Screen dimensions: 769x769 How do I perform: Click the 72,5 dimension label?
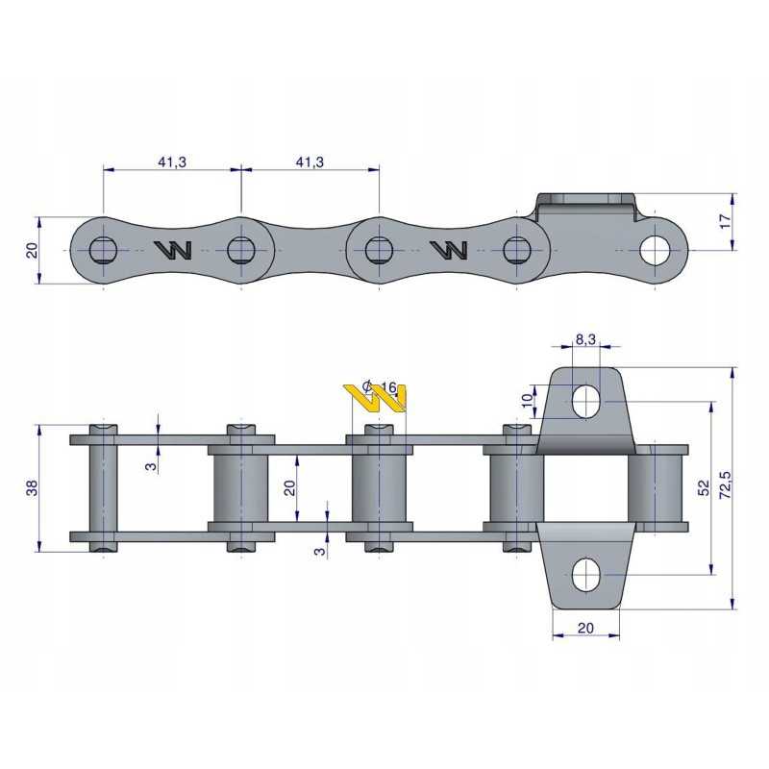725,485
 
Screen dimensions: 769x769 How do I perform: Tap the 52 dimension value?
704,487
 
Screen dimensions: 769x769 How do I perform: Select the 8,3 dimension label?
585,339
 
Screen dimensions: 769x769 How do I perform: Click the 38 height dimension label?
32,488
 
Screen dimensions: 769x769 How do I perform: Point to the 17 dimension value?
725,221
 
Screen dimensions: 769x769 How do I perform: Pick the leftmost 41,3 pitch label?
172,161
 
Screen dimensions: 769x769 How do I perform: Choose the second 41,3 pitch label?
310,161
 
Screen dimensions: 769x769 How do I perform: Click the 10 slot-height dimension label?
527,400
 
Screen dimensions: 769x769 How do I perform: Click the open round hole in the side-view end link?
656,250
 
